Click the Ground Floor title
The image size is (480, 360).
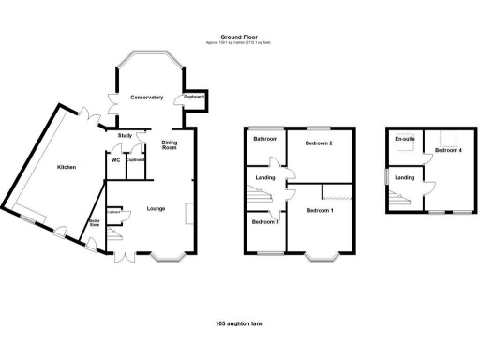coord(239,37)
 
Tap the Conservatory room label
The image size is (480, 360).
coord(147,97)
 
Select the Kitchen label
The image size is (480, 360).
coord(66,167)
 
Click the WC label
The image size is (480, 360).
coord(116,160)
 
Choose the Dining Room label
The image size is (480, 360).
coord(170,144)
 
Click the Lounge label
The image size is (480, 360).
coord(156,208)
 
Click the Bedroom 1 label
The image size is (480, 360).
coord(321,211)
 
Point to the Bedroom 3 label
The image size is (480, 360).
coord(264,221)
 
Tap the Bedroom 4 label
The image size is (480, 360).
coord(448,150)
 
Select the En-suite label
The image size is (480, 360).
coord(404,139)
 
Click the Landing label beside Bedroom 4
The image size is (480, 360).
coord(405,177)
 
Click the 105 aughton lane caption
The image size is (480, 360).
coord(239,323)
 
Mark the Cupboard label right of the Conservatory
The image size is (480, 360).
coord(194,97)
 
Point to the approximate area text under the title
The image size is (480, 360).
coord(239,43)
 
